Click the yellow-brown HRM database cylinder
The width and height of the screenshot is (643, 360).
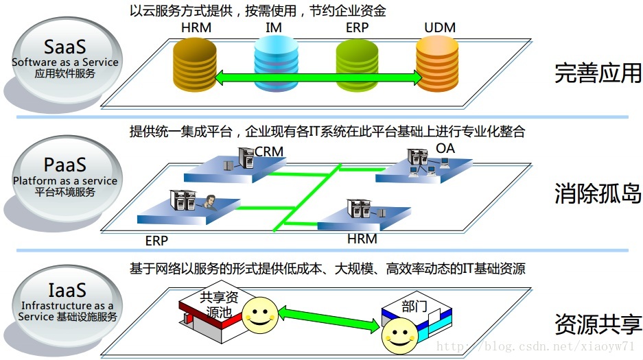tap(195, 66)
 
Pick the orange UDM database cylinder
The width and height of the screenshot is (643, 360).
tap(437, 66)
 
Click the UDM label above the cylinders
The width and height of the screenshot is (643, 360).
tap(440, 28)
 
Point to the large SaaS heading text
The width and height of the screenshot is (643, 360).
tap(65, 47)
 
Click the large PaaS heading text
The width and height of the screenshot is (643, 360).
tap(65, 165)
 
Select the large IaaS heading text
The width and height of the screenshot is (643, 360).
tap(65, 290)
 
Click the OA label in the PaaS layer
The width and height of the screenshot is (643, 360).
tap(445, 148)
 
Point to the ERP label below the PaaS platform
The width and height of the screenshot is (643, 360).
tap(156, 241)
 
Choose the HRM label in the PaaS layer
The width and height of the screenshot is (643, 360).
tap(362, 239)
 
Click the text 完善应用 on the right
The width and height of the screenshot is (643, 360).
tap(598, 73)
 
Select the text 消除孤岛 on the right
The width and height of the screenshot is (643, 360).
tap(598, 194)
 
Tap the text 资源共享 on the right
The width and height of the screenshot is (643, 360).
tap(598, 324)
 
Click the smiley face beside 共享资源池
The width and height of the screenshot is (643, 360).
tap(258, 316)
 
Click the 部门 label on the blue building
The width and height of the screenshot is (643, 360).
tap(414, 307)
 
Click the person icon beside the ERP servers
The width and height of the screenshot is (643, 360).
tap(207, 202)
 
